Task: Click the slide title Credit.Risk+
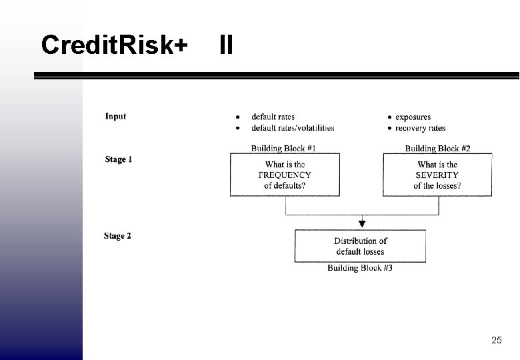114,45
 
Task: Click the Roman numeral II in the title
226,45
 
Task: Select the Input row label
115,117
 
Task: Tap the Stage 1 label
119,159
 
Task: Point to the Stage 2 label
118,236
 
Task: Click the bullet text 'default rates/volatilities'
293,128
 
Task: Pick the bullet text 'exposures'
413,117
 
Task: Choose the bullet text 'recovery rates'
420,128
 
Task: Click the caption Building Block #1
283,148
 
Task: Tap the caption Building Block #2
437,148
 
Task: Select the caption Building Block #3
360,268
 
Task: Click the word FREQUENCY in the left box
285,175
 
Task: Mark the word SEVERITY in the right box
437,175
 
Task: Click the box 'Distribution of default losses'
360,246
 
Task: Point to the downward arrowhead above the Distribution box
362,223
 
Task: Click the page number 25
496,340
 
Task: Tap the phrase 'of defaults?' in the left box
285,185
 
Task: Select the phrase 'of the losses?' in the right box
437,185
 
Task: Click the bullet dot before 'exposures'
389,117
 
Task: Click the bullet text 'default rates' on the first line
273,117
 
